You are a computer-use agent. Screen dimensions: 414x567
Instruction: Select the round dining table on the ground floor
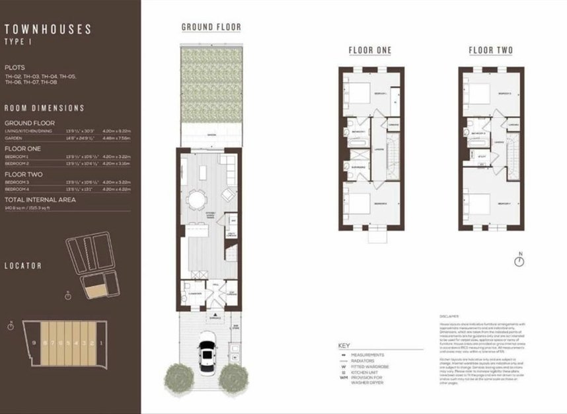pyautogui.click(x=197, y=198)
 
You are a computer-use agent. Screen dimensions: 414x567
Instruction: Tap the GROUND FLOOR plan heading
pyautogui.click(x=211, y=28)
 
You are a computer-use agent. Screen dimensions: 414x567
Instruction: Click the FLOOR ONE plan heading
pyautogui.click(x=370, y=51)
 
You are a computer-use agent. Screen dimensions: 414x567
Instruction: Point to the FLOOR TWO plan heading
pyautogui.click(x=490, y=51)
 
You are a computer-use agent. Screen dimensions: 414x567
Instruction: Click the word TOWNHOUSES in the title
pyautogui.click(x=48, y=29)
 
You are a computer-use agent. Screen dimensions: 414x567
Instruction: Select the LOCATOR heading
pyautogui.click(x=23, y=266)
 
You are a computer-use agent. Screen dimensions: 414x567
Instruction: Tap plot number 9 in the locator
pyautogui.click(x=34, y=344)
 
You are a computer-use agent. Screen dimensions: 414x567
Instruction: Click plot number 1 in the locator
pyautogui.click(x=99, y=344)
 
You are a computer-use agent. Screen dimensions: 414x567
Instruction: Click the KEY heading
pyautogui.click(x=344, y=345)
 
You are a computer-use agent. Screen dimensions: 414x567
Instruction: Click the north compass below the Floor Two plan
pyautogui.click(x=521, y=261)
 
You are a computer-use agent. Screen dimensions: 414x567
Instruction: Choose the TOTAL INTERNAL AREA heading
pyautogui.click(x=40, y=199)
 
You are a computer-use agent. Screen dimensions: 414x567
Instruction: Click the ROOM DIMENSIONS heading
pyautogui.click(x=44, y=108)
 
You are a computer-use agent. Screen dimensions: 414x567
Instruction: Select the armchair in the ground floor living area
pyautogui.click(x=227, y=195)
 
